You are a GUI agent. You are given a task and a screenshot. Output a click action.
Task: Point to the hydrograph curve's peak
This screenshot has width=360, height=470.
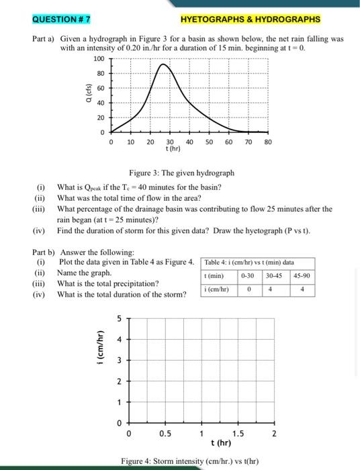pos(162,64)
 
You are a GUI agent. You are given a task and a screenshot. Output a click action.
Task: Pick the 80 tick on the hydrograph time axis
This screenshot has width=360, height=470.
pos(267,142)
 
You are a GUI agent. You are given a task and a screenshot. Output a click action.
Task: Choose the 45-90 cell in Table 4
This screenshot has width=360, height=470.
pos(303,275)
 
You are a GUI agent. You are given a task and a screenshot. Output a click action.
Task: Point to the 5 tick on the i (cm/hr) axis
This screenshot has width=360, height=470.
pos(118,320)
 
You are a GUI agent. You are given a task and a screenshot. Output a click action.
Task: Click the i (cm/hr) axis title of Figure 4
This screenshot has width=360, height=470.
pos(101,350)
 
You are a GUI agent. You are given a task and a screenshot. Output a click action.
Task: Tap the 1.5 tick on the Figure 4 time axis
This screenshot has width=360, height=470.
pos(238,434)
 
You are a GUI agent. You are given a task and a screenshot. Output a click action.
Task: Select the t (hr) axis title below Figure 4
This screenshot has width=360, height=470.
pos(221,444)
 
